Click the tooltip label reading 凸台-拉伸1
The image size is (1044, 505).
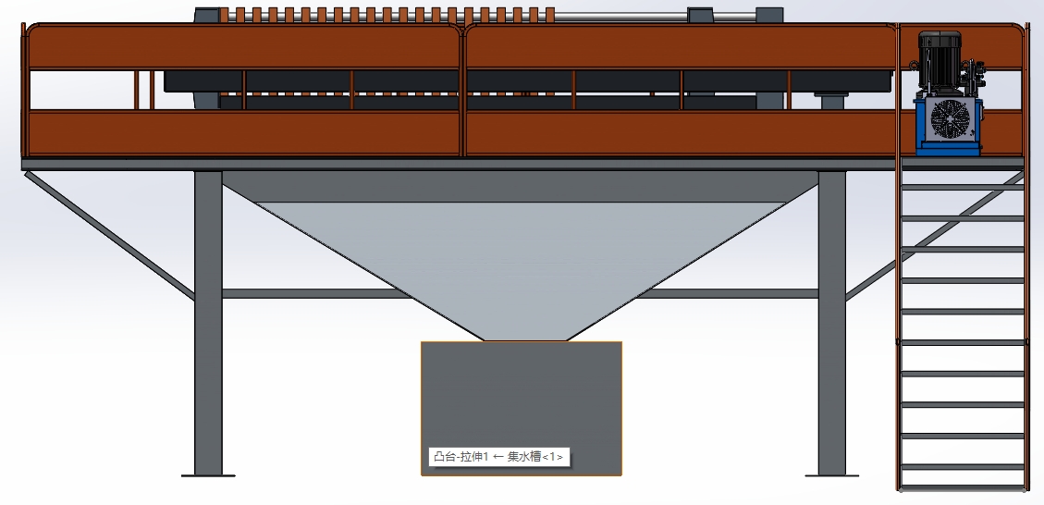click(461, 456)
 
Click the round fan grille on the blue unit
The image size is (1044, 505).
click(950, 119)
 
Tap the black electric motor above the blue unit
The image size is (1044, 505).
click(940, 60)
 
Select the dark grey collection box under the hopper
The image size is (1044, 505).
click(522, 409)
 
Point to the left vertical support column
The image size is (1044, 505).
click(208, 323)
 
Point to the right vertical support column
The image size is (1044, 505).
click(831, 323)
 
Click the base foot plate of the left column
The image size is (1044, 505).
click(208, 475)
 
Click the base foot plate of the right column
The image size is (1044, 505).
click(831, 475)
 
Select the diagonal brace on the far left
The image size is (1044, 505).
click(110, 236)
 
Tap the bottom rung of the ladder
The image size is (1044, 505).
click(963, 467)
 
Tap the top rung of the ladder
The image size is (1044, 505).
click(963, 187)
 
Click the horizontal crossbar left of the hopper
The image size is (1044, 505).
click(317, 293)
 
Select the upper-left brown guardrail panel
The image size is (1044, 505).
click(244, 46)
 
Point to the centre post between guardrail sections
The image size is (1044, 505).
click(462, 91)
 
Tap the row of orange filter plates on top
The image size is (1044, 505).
click(387, 15)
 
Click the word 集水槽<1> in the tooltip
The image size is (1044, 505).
click(535, 456)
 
